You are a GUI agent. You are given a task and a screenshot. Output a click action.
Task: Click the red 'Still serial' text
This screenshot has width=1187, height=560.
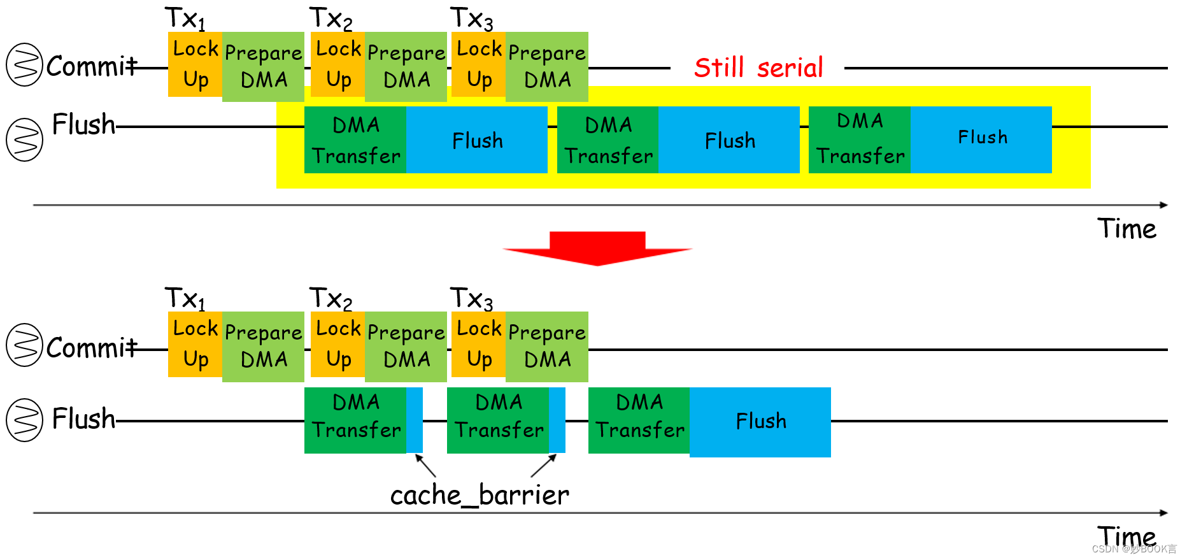[x=758, y=68]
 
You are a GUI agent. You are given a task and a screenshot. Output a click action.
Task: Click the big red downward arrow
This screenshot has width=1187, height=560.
[x=597, y=249]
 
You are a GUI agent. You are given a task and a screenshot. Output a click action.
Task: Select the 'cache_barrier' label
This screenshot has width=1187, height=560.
[x=480, y=495]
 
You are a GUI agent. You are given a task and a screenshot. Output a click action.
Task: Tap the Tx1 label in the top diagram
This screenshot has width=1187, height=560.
[x=185, y=18]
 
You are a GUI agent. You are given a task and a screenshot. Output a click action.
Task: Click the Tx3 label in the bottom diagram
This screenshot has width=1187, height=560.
[x=471, y=298]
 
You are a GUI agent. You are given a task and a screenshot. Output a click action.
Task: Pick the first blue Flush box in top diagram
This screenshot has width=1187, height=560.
[x=477, y=140]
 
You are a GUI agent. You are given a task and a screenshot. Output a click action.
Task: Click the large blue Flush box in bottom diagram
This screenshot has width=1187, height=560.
[x=760, y=422]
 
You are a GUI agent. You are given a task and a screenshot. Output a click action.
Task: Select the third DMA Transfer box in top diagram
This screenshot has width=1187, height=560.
[x=860, y=140]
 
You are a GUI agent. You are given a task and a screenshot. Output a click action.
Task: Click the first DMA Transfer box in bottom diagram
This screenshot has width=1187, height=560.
[x=355, y=420]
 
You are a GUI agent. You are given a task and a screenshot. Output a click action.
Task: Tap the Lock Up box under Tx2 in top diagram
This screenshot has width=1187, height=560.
[x=338, y=65]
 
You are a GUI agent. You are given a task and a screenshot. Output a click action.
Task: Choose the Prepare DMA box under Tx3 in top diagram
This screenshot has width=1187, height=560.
[x=547, y=67]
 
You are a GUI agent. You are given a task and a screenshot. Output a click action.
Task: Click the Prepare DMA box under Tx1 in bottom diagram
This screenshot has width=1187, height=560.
[x=263, y=347]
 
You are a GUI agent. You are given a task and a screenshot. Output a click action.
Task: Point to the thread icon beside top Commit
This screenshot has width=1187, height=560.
[x=24, y=64]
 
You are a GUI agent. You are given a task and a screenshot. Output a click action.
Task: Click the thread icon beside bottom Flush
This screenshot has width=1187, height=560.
[x=24, y=420]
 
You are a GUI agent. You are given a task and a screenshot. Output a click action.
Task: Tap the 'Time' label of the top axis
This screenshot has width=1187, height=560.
[x=1127, y=229]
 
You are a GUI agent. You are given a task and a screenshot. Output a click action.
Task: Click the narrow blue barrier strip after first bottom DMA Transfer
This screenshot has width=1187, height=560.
[x=415, y=420]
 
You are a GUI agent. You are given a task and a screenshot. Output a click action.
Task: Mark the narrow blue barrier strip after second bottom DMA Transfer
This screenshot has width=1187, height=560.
[x=557, y=420]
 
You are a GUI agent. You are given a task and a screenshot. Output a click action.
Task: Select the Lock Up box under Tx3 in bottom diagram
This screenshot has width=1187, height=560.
[x=478, y=345]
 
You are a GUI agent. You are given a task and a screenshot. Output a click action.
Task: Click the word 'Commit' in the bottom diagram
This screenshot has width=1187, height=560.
[x=91, y=348]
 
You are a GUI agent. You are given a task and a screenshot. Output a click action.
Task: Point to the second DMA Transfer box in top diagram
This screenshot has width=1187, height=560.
[x=608, y=140]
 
